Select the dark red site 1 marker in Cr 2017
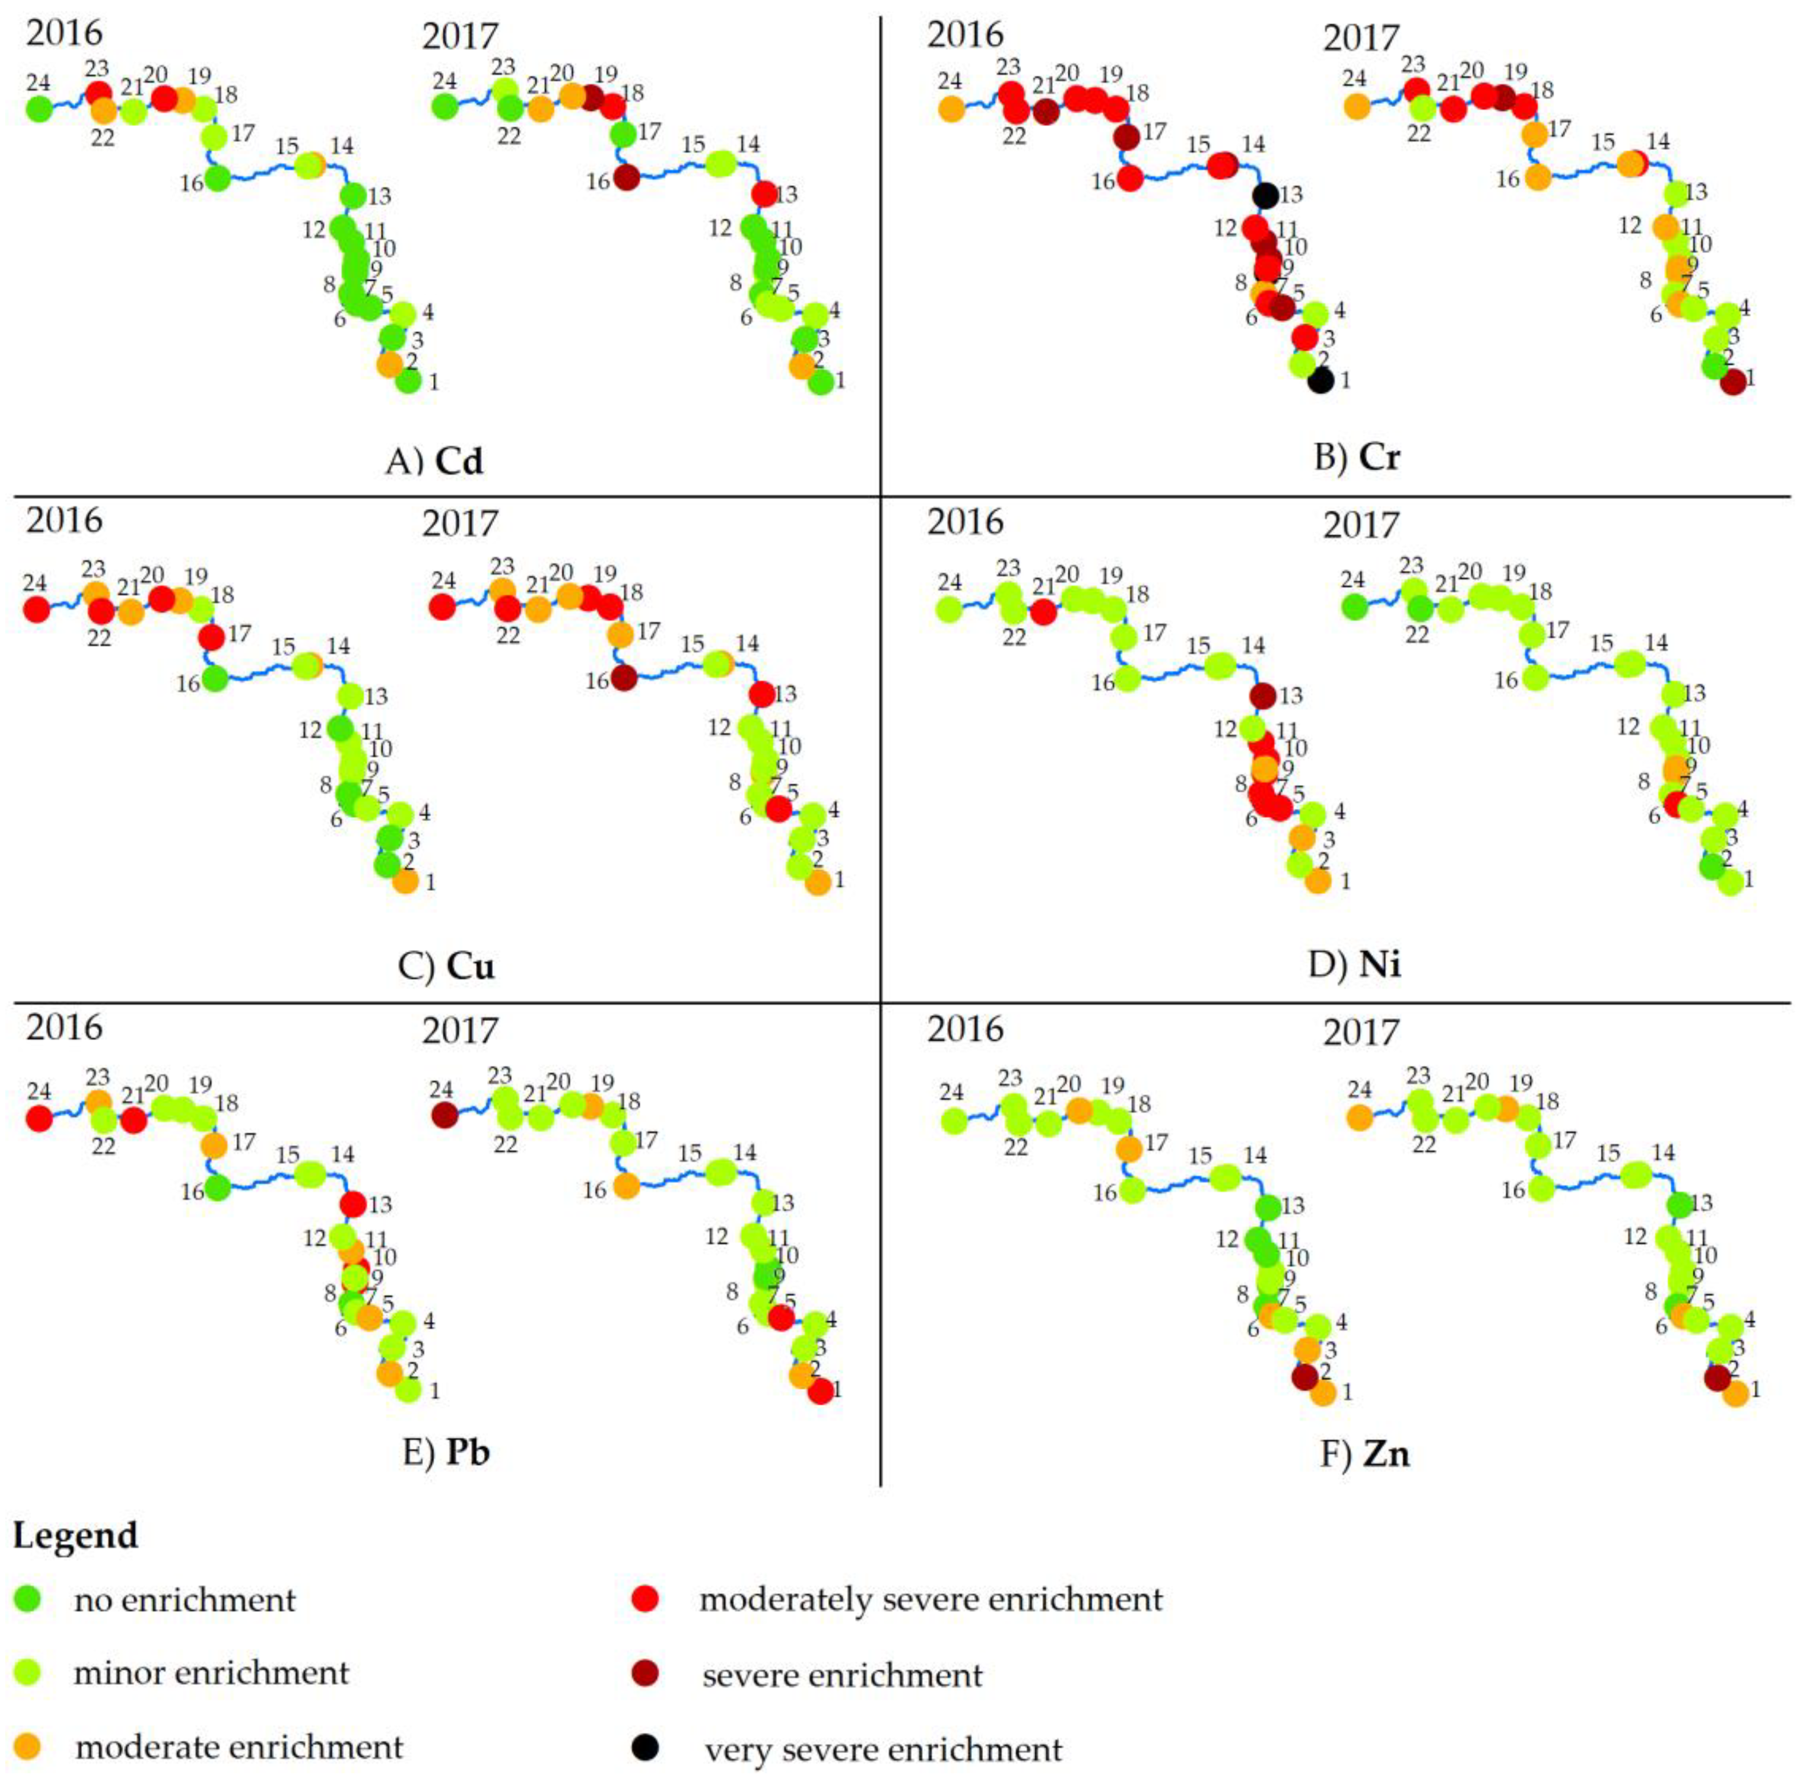point(1733,382)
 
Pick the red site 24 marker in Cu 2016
point(35,610)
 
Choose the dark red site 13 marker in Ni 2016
point(1263,696)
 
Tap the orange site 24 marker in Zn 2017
point(1359,1117)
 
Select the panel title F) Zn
point(1365,1454)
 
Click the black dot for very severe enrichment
point(645,1747)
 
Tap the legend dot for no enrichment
point(28,1598)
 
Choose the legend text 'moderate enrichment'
point(239,1747)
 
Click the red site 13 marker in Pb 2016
point(353,1204)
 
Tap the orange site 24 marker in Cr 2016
point(951,109)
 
